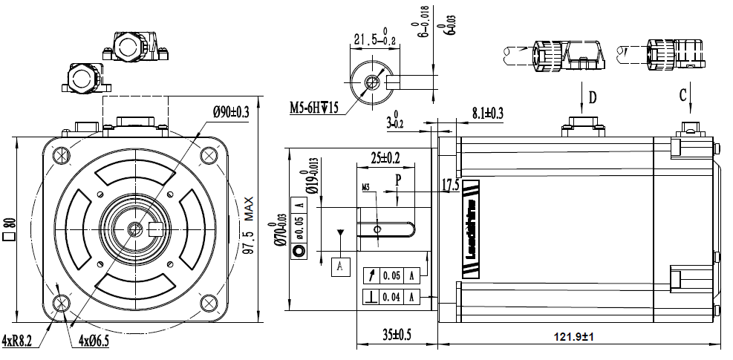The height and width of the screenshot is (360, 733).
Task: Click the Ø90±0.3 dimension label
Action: point(231,112)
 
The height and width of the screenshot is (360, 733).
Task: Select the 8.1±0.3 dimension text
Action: point(487,113)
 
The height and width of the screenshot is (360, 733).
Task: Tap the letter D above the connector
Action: point(593,97)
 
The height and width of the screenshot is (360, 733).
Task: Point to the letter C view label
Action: point(682,94)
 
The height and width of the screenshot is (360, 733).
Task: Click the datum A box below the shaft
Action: point(340,265)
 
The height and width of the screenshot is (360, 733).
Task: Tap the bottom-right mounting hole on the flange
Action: point(207,301)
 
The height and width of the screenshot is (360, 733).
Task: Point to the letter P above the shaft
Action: point(398,180)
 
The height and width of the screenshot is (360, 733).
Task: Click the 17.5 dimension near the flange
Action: point(451,186)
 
